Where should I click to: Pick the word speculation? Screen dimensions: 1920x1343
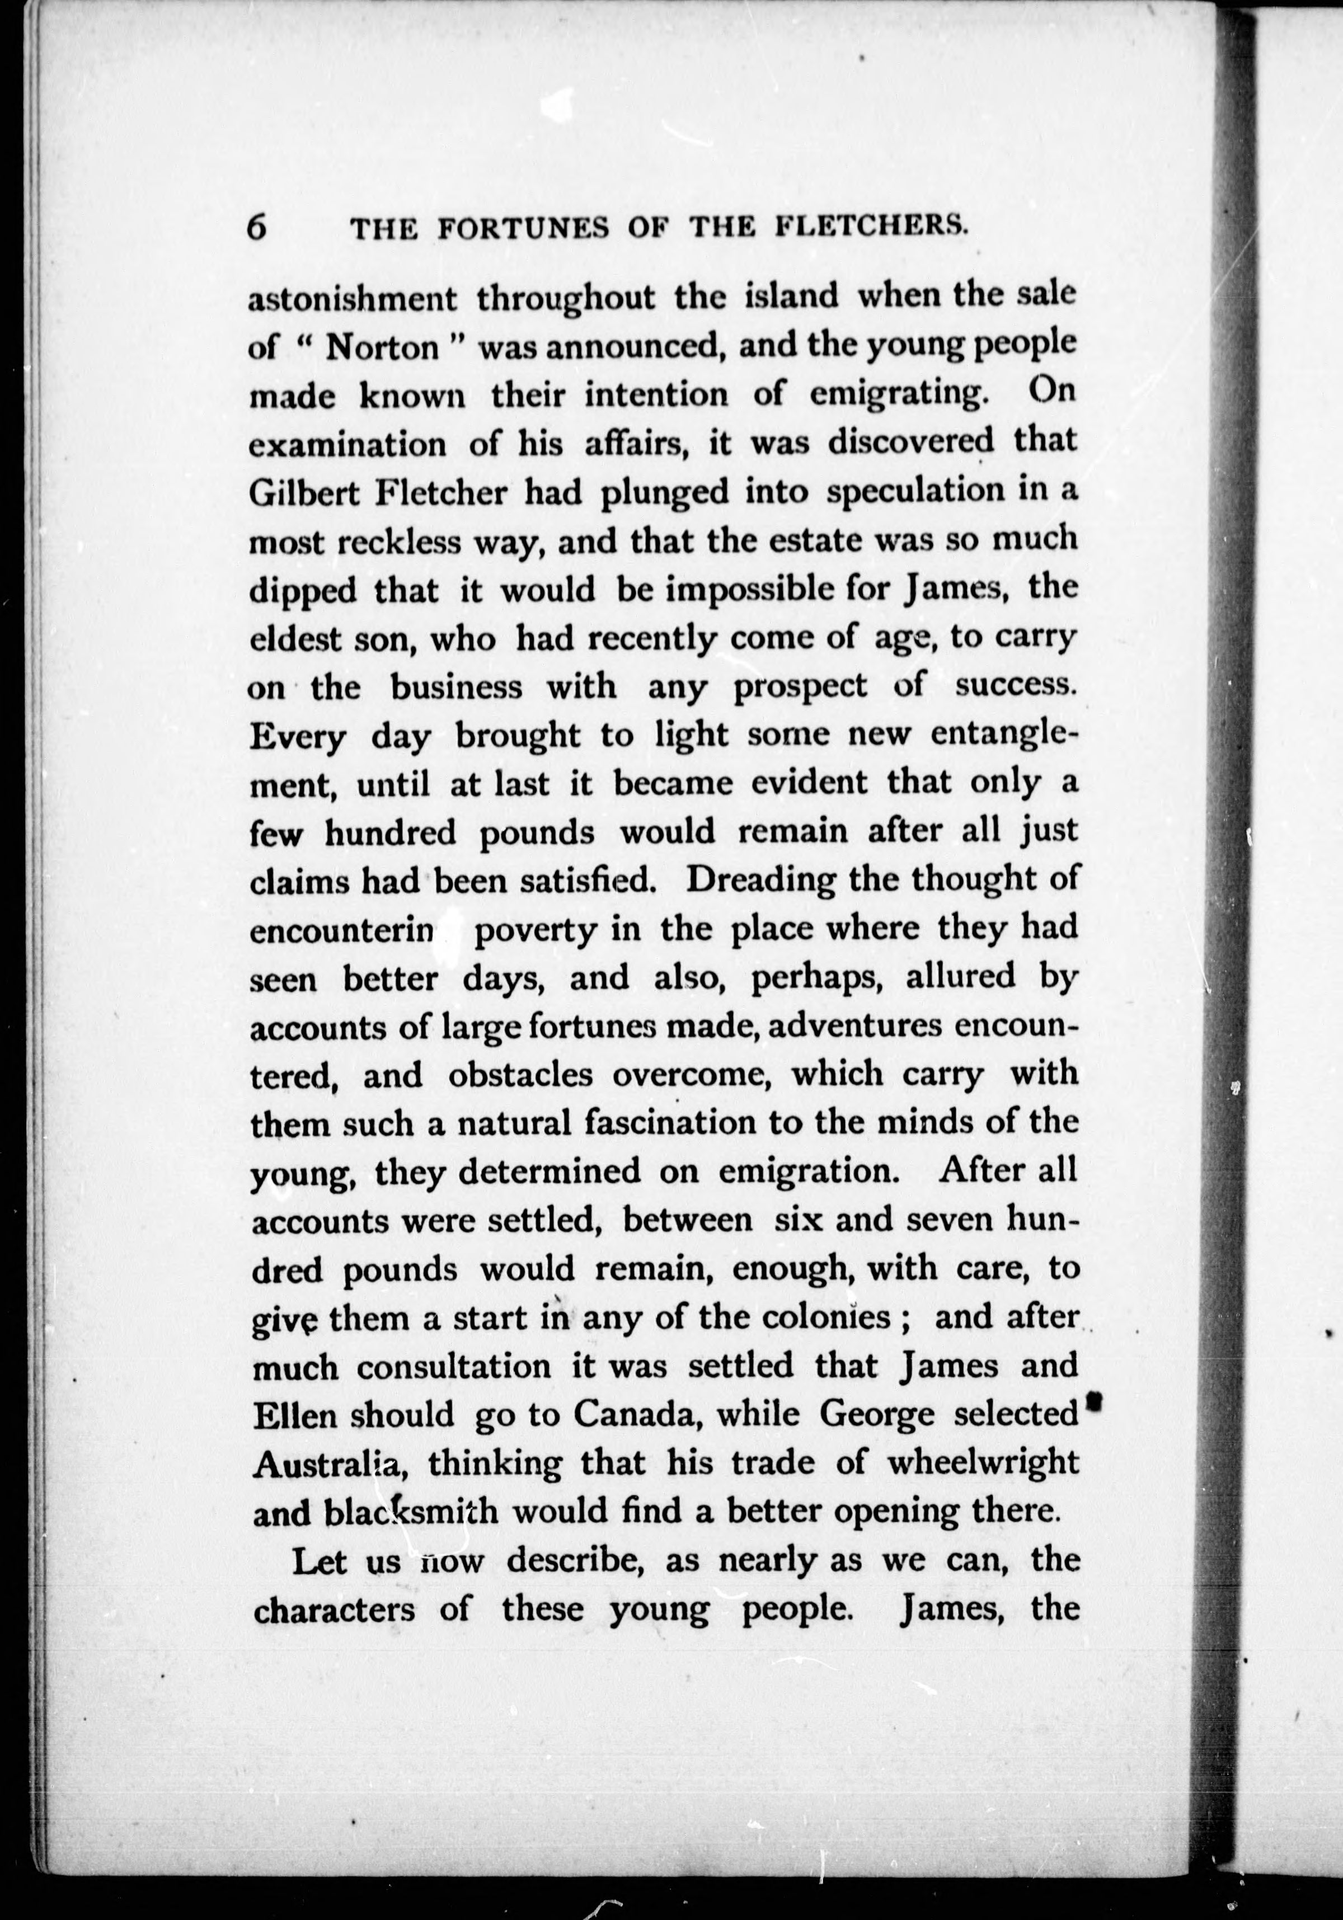point(915,492)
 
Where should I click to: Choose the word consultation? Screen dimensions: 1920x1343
point(453,1366)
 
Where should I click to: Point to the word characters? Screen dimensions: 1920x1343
point(334,1609)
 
